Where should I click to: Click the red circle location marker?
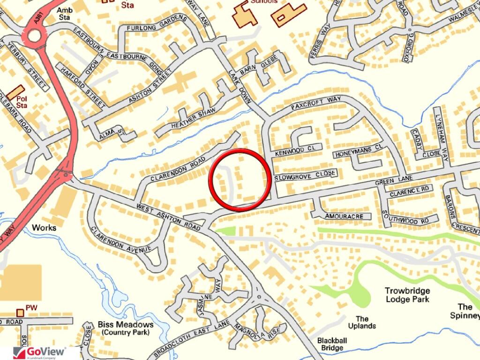[x=240, y=180]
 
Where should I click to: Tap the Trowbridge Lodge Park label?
[x=407, y=294]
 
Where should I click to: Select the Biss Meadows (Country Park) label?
[x=126, y=328]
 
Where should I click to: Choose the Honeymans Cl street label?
[x=358, y=151]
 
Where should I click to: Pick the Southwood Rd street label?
[x=406, y=219]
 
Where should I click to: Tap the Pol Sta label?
[x=22, y=102]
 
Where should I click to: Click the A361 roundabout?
[x=34, y=35]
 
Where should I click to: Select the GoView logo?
[x=39, y=352]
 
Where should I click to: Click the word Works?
[x=44, y=228]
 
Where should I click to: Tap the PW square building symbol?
[x=20, y=312]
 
